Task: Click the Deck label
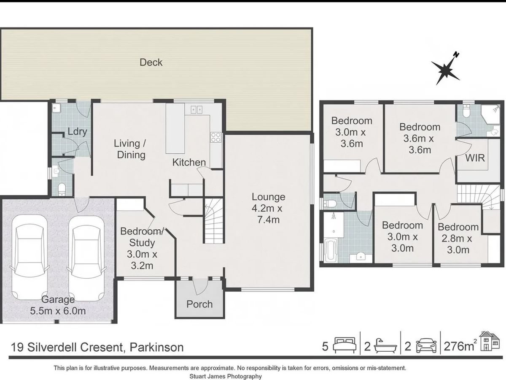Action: click(151, 62)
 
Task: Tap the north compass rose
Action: click(445, 69)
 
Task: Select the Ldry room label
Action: click(77, 132)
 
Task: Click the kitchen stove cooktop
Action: click(216, 137)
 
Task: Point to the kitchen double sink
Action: click(196, 110)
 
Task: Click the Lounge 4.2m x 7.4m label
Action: click(268, 208)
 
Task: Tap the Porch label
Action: click(199, 304)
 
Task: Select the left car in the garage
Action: click(30, 257)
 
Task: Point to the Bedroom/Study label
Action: click(142, 237)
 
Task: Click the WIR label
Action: click(475, 158)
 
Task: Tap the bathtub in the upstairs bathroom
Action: click(331, 250)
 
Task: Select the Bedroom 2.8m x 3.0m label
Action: click(458, 239)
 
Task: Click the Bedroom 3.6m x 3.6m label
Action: click(420, 138)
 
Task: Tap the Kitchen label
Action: click(189, 163)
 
